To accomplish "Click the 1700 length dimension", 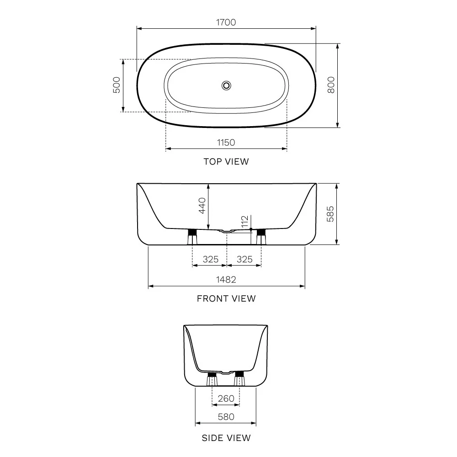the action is click(226, 22).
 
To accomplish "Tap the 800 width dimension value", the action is click(331, 85).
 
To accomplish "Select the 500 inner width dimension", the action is click(117, 85).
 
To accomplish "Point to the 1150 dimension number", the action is click(226, 143).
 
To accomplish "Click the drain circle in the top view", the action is click(226, 85).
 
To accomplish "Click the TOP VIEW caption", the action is click(226, 161).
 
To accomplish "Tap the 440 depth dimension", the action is click(202, 206).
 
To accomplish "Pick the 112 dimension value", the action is click(245, 222).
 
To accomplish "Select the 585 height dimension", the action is click(330, 214).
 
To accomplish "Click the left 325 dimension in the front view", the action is click(210, 259).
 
